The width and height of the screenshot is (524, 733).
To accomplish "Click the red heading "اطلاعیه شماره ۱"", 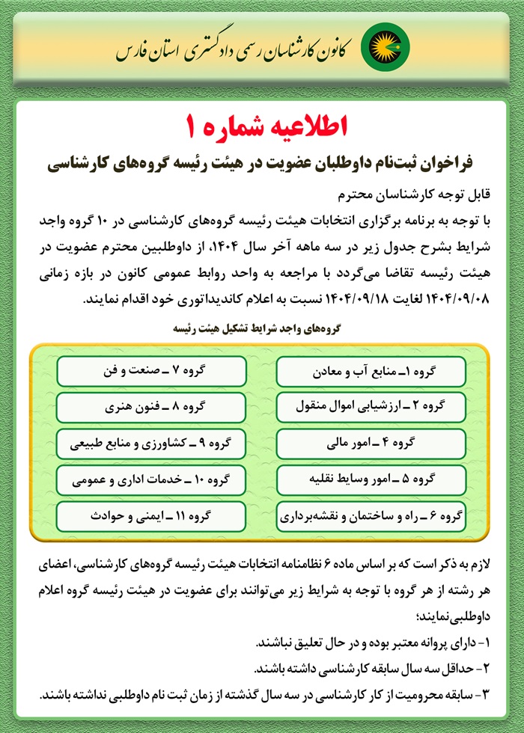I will (x=262, y=125).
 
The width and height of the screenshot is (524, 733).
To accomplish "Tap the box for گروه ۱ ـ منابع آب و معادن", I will (x=371, y=371).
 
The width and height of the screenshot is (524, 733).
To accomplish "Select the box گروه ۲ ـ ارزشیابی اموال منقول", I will (x=371, y=408).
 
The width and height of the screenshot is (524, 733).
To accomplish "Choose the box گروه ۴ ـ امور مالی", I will (x=371, y=444).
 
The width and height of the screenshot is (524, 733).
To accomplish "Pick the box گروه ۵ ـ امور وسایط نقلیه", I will (x=371, y=479).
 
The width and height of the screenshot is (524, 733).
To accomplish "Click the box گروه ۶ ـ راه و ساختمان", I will (x=371, y=516).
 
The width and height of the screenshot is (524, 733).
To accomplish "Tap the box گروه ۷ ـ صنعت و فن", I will (x=151, y=371).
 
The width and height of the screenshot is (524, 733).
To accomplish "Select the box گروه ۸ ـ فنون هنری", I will (x=151, y=408).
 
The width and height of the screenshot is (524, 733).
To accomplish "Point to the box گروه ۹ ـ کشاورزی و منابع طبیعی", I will (x=151, y=444).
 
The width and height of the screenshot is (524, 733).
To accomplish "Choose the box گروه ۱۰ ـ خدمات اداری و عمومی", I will (x=151, y=479).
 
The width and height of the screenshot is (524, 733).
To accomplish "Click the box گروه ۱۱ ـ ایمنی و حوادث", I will (x=151, y=516).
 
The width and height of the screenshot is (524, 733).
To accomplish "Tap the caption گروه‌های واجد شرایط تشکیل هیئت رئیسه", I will (x=261, y=328).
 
